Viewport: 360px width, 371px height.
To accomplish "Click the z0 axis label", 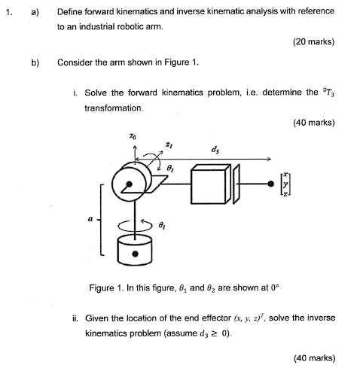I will point(133,138).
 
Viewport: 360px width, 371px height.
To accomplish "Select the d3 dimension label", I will point(216,147).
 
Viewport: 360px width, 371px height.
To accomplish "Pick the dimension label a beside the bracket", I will point(92,218).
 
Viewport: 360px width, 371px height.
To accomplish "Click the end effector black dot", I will point(269,184).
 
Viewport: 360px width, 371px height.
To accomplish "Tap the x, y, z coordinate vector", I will point(285,184).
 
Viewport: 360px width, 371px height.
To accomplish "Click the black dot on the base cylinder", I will point(136,254).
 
